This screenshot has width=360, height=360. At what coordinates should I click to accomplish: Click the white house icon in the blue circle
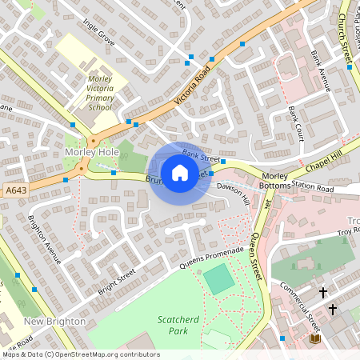tap(180, 172)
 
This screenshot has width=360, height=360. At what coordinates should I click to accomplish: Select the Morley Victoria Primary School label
tap(100, 92)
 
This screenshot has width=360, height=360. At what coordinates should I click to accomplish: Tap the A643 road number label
tap(15, 190)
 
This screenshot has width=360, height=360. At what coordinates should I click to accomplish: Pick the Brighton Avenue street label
tap(45, 239)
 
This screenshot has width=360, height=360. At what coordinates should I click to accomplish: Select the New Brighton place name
tap(54, 321)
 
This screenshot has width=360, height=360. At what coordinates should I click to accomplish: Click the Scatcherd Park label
tap(178, 324)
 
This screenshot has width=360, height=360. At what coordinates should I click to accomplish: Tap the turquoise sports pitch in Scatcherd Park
tap(218, 279)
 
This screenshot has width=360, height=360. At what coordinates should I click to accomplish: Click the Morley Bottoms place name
tap(274, 181)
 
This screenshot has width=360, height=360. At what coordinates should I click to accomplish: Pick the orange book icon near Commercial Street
tap(314, 339)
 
